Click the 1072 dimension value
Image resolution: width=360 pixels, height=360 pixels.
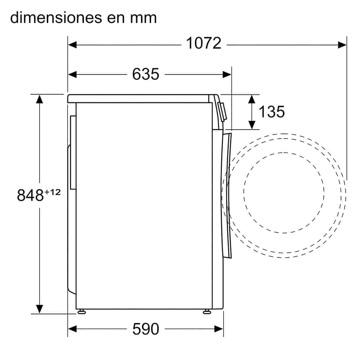[204, 43]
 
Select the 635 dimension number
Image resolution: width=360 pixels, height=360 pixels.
[145, 74]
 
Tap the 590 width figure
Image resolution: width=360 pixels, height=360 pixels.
[145, 329]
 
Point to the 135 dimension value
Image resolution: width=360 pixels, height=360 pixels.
[271, 112]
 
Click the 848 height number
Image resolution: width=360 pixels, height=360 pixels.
[30, 195]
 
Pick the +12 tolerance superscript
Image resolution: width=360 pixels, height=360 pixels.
[53, 192]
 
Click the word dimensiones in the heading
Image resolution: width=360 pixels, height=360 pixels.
[56, 17]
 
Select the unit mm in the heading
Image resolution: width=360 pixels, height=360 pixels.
[143, 19]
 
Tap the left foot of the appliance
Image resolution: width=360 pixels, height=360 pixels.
[81, 311]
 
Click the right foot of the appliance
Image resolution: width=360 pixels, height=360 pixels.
[207, 311]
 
